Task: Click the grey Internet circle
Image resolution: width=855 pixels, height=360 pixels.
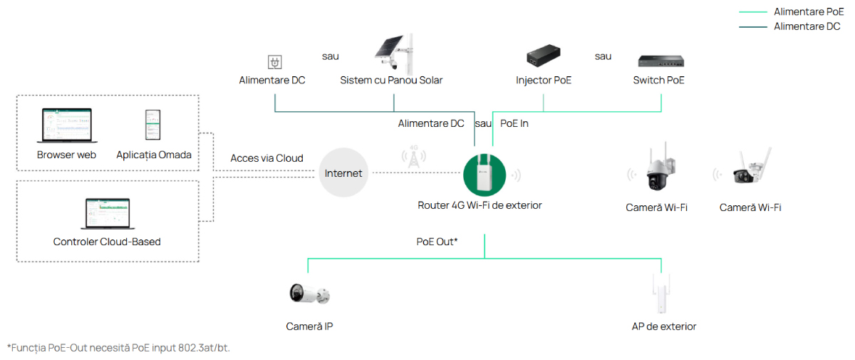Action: tap(343, 173)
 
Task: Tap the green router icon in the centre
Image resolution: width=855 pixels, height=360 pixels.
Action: tap(484, 174)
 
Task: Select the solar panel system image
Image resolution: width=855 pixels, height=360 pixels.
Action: tap(394, 53)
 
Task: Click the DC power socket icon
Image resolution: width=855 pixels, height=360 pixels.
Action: tap(271, 62)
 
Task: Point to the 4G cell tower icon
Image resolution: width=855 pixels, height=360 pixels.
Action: tap(413, 159)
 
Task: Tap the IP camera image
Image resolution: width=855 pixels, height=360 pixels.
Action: tap(309, 293)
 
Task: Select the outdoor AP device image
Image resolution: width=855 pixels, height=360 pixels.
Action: tap(663, 293)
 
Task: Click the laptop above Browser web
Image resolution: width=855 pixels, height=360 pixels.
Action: tap(66, 127)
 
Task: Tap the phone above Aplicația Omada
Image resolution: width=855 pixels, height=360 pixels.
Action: tap(153, 126)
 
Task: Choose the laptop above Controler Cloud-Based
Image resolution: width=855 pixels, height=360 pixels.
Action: tap(107, 213)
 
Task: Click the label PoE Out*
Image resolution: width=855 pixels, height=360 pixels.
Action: tap(437, 242)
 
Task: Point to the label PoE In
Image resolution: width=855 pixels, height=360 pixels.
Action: tap(514, 123)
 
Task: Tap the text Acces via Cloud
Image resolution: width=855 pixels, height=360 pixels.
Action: tap(266, 158)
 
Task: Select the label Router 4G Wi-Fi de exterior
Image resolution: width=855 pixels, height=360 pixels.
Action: tap(480, 205)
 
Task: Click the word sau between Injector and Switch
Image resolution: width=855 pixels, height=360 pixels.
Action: tap(603, 56)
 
